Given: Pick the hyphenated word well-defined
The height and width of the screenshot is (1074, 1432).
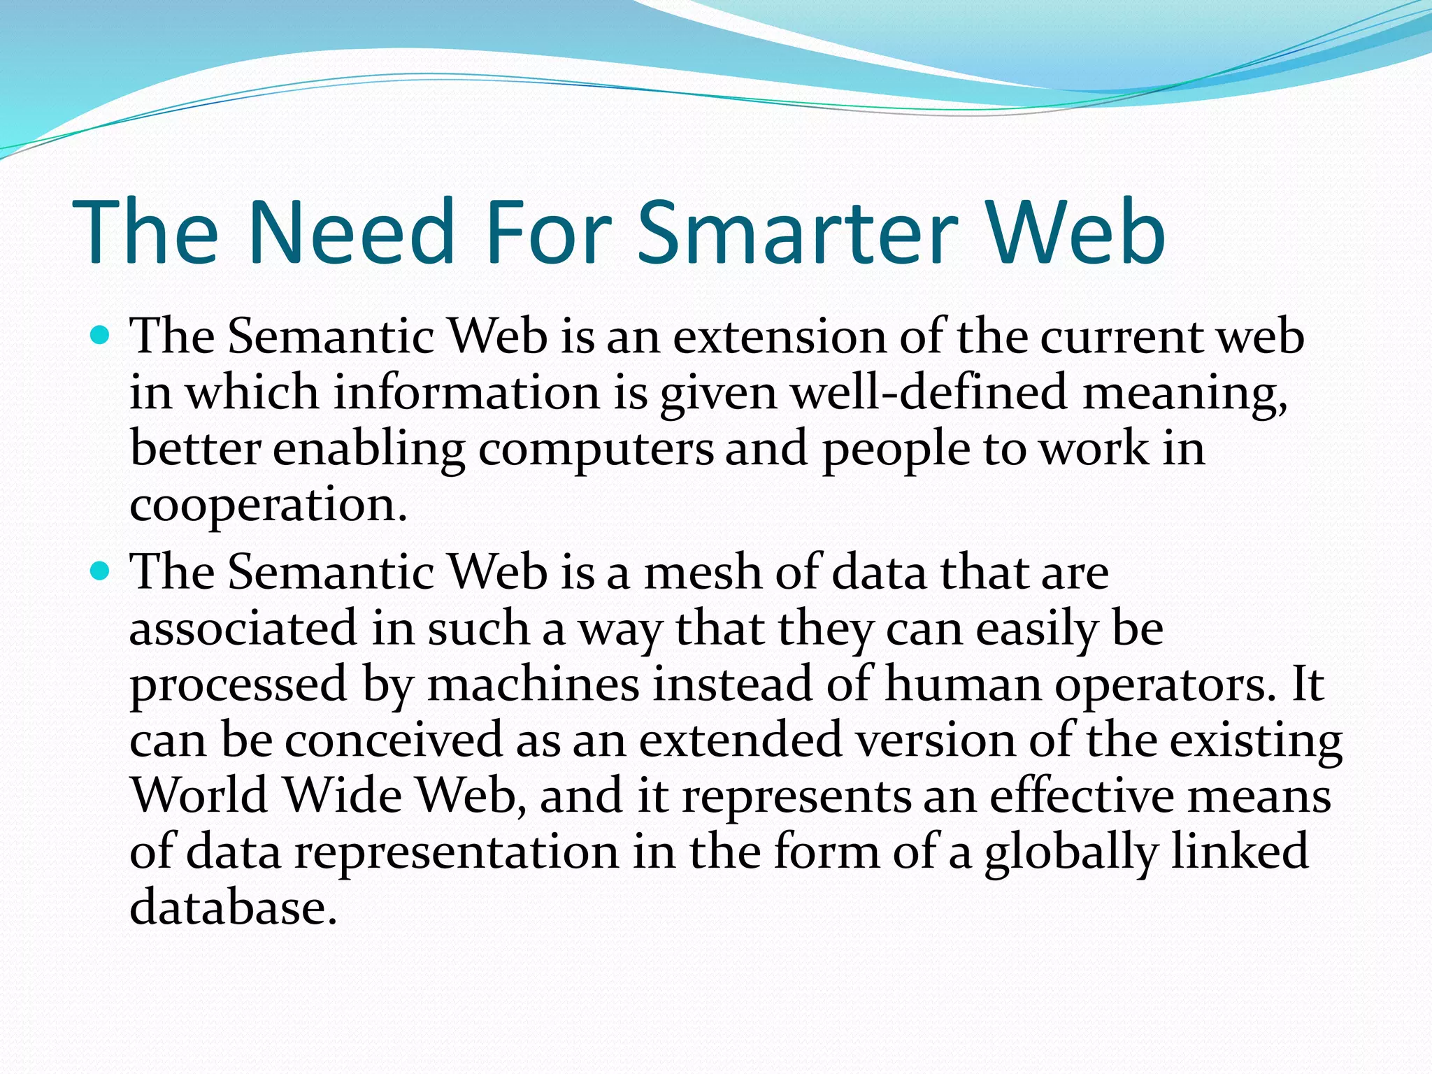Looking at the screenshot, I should coord(929,393).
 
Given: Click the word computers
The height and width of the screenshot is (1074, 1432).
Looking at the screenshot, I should coord(596,450).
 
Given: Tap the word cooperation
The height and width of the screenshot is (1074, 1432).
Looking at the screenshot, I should coord(268,506).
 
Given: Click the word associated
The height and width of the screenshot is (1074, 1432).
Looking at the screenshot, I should coord(244,629).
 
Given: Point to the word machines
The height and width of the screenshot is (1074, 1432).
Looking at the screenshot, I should coord(533,685).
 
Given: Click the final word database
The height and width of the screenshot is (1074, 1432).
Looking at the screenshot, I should coord(234,908).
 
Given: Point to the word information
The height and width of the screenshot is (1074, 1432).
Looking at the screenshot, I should coord(466,393).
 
